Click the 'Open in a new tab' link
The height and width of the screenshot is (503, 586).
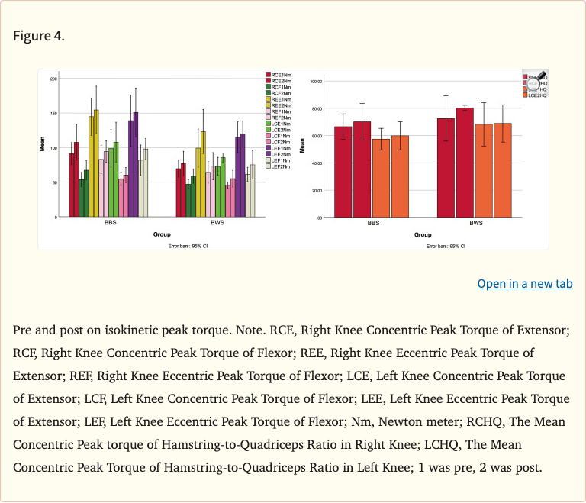coord(524,284)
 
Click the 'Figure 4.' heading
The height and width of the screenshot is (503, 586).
coord(39,37)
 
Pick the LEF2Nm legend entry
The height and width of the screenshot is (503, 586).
coord(279,166)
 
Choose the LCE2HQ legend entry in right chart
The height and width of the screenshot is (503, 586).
coord(536,95)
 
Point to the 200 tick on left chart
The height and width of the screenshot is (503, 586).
coord(53,79)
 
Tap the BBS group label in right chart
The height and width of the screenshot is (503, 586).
coord(373,224)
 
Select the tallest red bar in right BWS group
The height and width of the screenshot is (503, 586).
coord(465,163)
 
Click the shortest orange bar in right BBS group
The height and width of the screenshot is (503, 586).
coord(381,178)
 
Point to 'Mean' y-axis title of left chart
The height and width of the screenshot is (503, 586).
coord(43,142)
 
